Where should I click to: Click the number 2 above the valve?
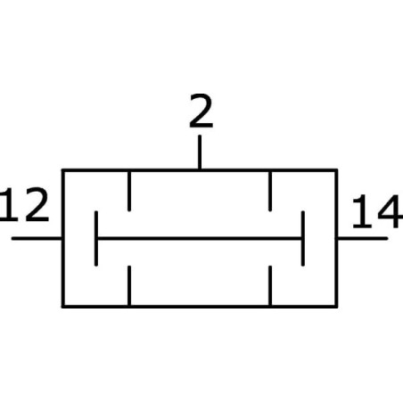(x=201, y=111)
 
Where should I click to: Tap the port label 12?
(x=24, y=205)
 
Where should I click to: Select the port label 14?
(x=377, y=211)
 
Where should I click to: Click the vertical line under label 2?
(x=200, y=152)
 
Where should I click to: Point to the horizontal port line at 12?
(x=37, y=238)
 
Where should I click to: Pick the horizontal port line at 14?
(x=362, y=238)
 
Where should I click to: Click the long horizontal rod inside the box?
(x=200, y=238)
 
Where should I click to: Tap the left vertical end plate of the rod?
(x=96, y=238)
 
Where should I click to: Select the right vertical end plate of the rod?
(x=303, y=238)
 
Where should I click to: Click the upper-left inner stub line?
(x=129, y=191)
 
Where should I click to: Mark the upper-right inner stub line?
(x=270, y=191)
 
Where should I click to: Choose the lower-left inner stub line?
(x=129, y=285)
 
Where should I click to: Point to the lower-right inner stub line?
(x=270, y=285)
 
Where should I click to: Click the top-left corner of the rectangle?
(x=63, y=170)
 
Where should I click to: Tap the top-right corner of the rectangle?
(x=336, y=170)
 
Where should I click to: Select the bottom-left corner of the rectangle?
(x=63, y=307)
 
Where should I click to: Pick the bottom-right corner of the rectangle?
(x=336, y=307)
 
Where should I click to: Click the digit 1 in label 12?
(x=9, y=205)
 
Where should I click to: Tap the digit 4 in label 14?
(x=390, y=211)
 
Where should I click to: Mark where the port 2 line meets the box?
(x=200, y=169)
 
